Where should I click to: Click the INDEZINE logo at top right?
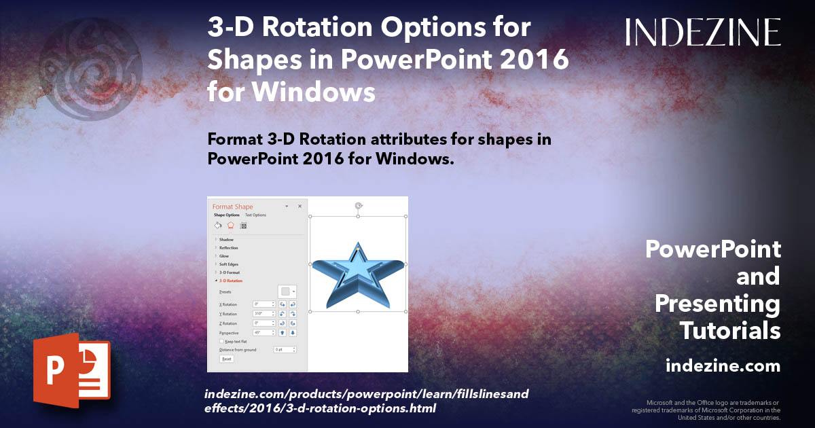click(x=703, y=32)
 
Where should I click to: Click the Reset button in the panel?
click(x=226, y=359)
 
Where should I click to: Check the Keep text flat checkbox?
click(x=221, y=342)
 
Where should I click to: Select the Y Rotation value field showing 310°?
click(x=264, y=314)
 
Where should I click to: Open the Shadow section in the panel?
click(x=226, y=240)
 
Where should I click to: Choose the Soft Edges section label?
click(x=229, y=264)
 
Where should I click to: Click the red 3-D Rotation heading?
click(x=231, y=281)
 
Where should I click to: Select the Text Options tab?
click(x=255, y=215)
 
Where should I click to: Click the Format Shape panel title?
click(x=232, y=207)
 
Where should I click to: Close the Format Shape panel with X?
click(x=300, y=206)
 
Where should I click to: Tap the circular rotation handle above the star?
click(x=358, y=204)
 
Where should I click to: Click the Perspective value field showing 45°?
click(x=264, y=333)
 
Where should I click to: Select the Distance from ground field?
click(x=284, y=349)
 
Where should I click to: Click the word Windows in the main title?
click(x=291, y=91)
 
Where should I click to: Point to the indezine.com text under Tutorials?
click(x=723, y=366)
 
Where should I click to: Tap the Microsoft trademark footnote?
click(x=706, y=410)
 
